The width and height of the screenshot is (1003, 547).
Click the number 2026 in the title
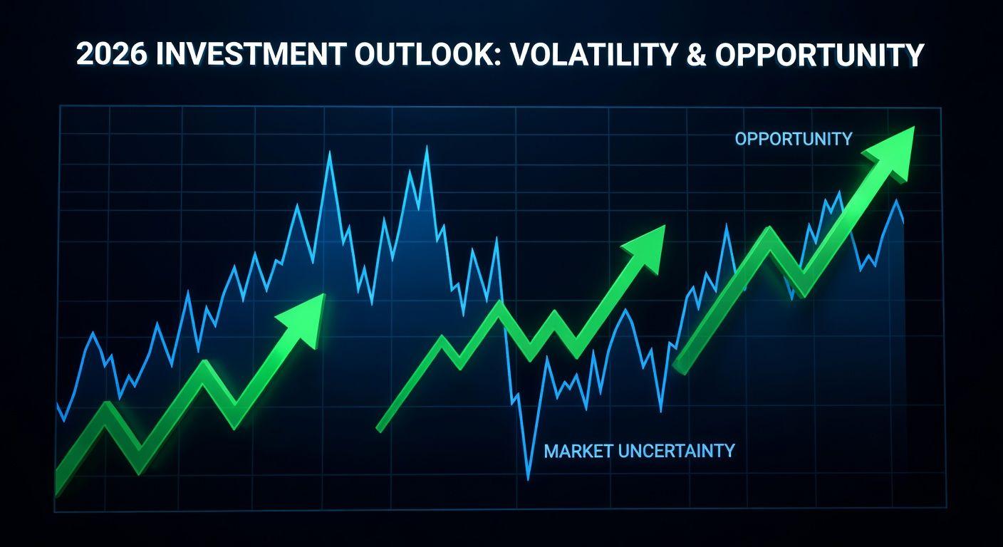(x=112, y=55)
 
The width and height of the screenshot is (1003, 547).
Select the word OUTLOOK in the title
(x=425, y=55)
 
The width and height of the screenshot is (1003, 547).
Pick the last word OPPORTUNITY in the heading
(x=819, y=55)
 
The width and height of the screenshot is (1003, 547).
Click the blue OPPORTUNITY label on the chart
(x=794, y=139)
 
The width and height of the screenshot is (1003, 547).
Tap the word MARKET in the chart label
(x=578, y=451)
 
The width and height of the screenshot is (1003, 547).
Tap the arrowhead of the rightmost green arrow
(x=891, y=152)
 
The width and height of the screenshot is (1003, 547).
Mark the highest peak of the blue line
(x=426, y=147)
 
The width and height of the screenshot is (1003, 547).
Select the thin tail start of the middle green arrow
(x=379, y=429)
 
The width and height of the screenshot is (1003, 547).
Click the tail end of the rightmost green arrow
(x=680, y=368)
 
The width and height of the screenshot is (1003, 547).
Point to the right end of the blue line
(x=903, y=221)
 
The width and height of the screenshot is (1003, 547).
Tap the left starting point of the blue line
(x=57, y=404)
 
